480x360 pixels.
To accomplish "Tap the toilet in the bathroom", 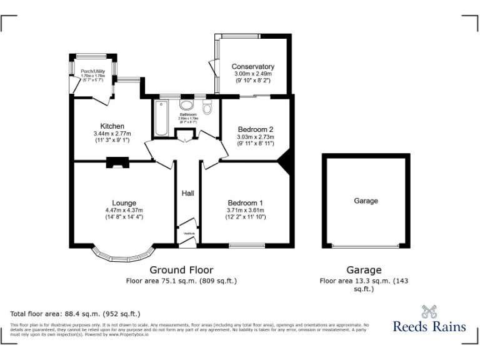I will click(207, 107).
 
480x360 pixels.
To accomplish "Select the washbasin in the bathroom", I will click(187, 106).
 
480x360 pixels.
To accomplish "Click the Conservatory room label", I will click(252, 67).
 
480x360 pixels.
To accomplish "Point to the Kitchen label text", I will click(112, 126).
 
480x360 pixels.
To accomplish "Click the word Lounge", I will click(124, 203).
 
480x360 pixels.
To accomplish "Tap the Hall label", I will click(187, 193).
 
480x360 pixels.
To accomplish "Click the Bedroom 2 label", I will click(255, 130).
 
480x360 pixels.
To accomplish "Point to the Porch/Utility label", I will click(92, 72).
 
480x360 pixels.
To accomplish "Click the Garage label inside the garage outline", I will click(366, 201).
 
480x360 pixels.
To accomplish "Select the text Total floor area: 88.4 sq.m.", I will click(75, 314).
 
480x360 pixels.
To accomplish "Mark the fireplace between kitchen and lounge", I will click(117, 163).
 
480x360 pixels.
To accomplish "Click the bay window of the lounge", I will click(122, 256).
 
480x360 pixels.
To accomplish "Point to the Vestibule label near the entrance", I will click(188, 233).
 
